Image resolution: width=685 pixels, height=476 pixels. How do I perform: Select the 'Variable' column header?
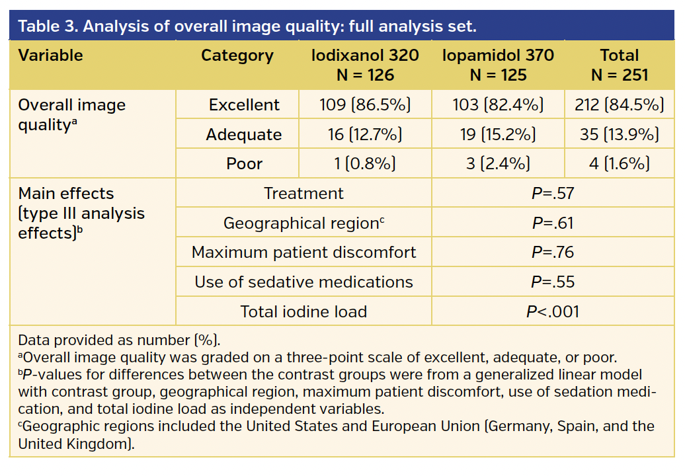[x=50, y=56]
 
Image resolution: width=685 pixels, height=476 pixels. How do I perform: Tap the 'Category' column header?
[x=237, y=56]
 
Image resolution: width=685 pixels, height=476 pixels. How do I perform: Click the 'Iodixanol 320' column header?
[x=365, y=65]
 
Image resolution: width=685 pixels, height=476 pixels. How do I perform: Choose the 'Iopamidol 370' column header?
[x=498, y=65]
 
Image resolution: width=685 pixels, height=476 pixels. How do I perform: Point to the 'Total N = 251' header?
[x=619, y=65]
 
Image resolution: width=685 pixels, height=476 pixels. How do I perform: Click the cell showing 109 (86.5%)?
[x=365, y=105]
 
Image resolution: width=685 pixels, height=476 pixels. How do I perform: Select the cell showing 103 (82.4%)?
[x=498, y=105]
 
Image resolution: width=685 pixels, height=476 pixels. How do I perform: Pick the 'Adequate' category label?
[x=243, y=135]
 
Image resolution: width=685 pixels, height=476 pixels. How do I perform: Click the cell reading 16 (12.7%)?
[x=365, y=135]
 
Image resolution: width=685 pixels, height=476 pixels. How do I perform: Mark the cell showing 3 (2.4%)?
[x=498, y=164]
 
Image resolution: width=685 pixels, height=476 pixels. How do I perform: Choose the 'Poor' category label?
[x=244, y=164]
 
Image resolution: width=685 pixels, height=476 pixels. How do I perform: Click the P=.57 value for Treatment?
[x=553, y=194]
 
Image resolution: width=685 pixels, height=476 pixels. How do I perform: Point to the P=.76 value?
[x=553, y=253]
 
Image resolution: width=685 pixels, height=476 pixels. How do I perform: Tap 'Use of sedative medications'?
[x=303, y=282]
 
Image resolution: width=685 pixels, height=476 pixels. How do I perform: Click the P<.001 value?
[x=553, y=311]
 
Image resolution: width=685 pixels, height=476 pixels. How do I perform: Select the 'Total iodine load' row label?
[x=303, y=311]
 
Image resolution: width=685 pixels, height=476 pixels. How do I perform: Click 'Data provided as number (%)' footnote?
[x=119, y=340]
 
